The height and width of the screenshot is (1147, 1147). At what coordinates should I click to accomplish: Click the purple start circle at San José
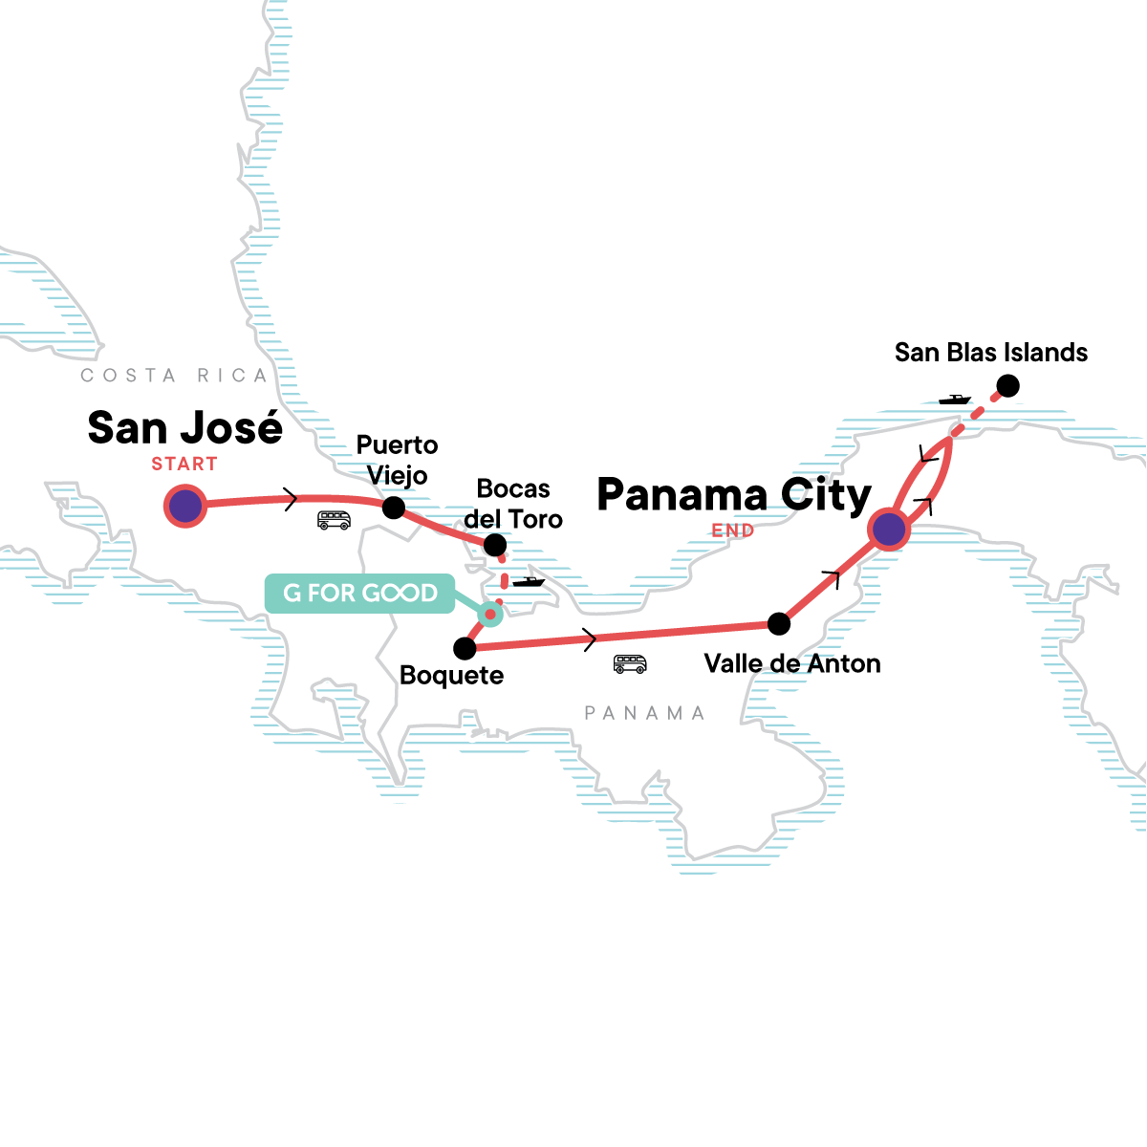184,506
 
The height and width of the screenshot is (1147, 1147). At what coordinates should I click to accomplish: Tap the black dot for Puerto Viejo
394,508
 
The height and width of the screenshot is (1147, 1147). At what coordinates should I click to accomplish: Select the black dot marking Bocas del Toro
495,546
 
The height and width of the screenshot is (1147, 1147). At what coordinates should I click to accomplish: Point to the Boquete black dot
465,649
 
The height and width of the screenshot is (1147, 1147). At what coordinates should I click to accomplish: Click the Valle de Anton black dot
779,624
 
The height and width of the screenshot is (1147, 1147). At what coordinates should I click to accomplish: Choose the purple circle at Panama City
889,529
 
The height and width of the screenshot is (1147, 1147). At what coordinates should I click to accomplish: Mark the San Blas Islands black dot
1007,386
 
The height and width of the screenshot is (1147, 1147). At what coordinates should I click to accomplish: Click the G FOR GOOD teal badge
360,594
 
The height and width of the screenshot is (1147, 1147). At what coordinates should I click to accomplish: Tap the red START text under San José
184,465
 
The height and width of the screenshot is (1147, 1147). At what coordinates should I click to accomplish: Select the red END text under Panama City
733,530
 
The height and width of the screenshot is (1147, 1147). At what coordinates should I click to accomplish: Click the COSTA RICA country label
174,376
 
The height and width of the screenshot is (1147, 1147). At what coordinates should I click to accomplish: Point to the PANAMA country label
644,713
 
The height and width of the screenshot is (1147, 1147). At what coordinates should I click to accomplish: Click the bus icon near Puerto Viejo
334,520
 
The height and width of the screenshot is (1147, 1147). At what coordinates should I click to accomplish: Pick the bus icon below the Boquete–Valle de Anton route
630,663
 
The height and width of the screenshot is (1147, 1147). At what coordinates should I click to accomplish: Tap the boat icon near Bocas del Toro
528,581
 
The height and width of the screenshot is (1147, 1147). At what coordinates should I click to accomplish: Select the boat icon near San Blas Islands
954,399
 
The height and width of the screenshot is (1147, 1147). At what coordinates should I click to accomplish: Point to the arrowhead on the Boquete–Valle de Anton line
591,638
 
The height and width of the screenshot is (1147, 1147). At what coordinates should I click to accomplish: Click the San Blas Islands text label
991,353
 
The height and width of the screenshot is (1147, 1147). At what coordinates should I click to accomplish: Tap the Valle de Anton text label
792,663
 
